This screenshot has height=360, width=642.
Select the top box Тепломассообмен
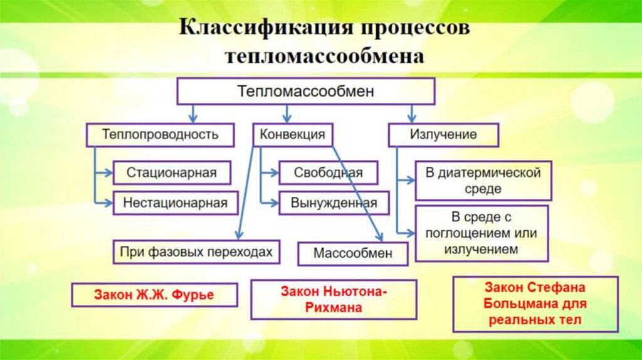(x=305, y=92)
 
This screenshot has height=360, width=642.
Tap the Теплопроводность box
(x=160, y=134)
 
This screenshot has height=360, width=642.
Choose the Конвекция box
(x=292, y=134)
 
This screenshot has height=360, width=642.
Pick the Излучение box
(x=443, y=134)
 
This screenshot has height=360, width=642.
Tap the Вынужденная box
(x=333, y=203)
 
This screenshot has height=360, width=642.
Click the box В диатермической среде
(x=483, y=180)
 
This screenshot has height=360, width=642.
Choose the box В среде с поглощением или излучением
(x=482, y=233)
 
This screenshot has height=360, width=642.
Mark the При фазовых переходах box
(x=196, y=252)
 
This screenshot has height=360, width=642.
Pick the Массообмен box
(x=353, y=254)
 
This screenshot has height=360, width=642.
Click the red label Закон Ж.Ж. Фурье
(x=154, y=295)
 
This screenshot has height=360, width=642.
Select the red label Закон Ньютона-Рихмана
(x=334, y=299)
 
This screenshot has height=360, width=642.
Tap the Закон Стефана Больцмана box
(x=535, y=304)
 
